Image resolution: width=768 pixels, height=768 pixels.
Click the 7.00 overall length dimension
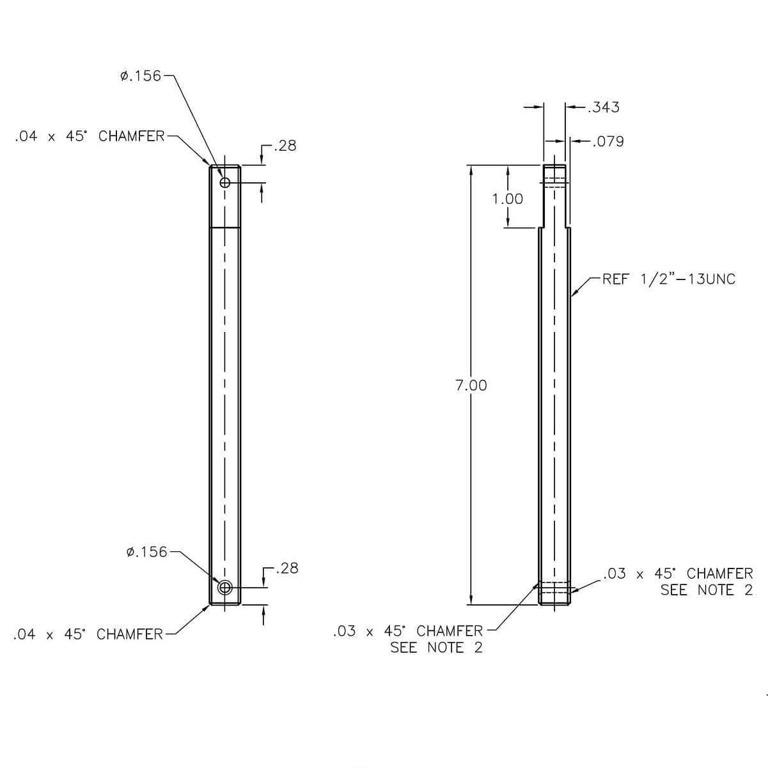(471, 386)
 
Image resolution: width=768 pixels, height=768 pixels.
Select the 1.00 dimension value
(507, 199)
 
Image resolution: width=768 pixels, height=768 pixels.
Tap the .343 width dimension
(604, 107)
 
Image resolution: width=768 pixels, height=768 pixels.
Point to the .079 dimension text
(608, 141)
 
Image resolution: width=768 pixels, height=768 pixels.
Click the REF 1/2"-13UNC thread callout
(669, 279)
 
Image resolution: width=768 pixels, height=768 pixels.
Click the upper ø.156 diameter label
(141, 75)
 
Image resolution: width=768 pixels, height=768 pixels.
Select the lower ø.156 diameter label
(146, 552)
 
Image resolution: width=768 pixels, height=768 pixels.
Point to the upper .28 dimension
(285, 146)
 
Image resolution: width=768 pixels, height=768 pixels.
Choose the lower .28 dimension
(287, 568)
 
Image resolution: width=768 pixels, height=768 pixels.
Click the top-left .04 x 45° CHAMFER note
(90, 136)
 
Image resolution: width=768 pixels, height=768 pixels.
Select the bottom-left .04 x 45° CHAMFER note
(88, 634)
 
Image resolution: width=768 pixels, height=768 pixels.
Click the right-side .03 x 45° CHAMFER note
(678, 574)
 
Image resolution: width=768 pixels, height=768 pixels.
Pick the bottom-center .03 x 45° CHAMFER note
(408, 631)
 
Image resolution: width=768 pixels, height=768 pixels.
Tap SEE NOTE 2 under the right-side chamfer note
(707, 590)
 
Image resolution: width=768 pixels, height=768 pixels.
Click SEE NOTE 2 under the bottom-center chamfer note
(436, 648)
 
